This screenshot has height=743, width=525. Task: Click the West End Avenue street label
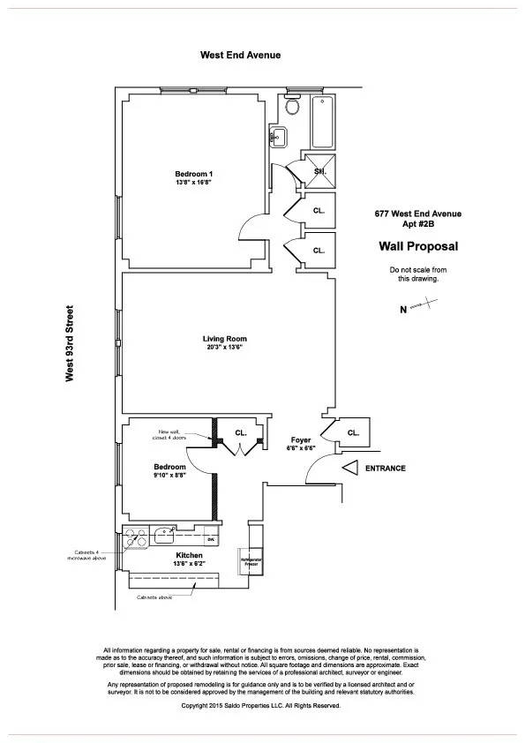241,55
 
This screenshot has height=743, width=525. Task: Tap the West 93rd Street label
70,344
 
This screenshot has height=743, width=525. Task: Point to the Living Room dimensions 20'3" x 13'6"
224,348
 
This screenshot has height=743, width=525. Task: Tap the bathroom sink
278,137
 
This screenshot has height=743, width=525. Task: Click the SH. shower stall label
320,170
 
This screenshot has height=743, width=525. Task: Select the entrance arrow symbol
349,469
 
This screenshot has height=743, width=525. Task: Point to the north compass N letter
403,309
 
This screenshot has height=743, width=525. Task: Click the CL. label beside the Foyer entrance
353,432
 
